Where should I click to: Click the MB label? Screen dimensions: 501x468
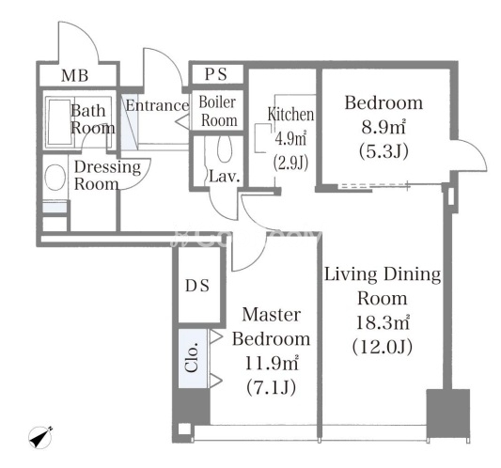(75, 76)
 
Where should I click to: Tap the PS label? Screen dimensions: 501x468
(216, 74)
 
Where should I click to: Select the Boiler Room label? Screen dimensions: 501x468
(218, 112)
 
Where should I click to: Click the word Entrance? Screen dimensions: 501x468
(157, 105)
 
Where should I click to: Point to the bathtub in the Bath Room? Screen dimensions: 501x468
(59, 123)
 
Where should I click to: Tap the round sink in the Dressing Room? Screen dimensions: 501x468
(55, 178)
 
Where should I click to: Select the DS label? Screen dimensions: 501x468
(197, 286)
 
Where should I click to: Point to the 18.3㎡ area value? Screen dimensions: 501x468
(383, 322)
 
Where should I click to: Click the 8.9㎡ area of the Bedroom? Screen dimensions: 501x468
(384, 127)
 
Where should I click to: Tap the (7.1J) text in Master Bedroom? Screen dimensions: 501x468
(271, 387)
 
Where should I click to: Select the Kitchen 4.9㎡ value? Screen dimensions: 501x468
(290, 139)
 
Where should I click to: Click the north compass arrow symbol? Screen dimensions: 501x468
(40, 438)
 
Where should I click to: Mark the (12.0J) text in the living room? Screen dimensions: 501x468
(383, 347)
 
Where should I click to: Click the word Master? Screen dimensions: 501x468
(272, 315)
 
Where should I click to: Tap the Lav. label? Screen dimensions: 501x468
(225, 177)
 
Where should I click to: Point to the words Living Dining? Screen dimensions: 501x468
(383, 275)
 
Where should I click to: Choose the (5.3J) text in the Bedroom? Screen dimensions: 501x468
(384, 150)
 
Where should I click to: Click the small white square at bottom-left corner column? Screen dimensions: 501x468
(184, 429)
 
